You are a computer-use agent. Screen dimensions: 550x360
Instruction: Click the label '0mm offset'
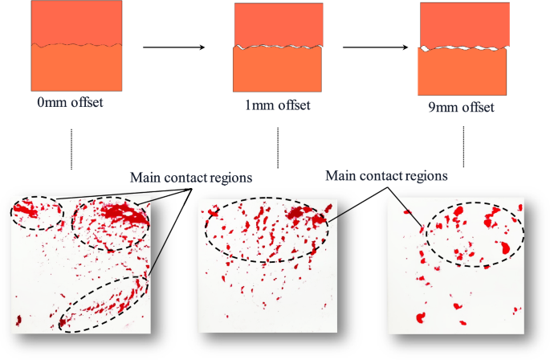[71, 104]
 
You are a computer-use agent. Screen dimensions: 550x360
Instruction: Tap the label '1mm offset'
[278, 105]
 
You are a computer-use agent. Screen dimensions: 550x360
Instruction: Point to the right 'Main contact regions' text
[386, 174]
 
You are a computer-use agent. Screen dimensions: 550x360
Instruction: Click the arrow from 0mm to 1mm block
[172, 48]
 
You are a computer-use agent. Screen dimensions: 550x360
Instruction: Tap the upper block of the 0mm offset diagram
[77, 22]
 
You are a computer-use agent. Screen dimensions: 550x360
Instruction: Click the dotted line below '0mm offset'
[72, 149]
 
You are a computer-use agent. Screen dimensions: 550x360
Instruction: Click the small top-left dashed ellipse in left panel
[36, 211]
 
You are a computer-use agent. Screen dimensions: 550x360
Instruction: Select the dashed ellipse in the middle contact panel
[267, 231]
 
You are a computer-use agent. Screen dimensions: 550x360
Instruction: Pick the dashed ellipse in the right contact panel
[474, 234]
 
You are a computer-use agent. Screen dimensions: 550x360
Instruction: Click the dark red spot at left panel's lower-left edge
[17, 321]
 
